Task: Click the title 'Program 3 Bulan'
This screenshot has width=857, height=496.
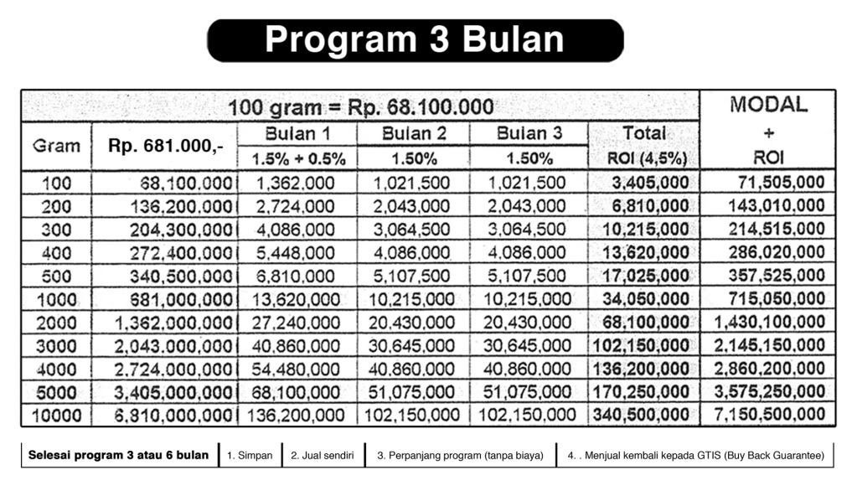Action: (x=415, y=40)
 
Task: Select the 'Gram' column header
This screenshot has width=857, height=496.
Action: (x=57, y=146)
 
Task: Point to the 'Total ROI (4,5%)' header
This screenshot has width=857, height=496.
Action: (x=643, y=145)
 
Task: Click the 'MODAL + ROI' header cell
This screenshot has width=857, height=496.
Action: (x=768, y=132)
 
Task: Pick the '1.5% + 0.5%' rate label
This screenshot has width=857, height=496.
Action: (x=297, y=158)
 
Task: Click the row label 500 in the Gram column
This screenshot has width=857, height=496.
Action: (x=57, y=276)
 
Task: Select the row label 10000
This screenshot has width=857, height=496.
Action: (x=57, y=415)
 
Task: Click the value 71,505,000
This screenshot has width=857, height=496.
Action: (x=781, y=183)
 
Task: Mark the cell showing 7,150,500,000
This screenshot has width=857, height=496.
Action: (x=769, y=415)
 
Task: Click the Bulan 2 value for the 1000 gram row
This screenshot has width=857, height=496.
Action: (x=414, y=299)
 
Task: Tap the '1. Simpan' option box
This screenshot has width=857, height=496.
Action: (x=250, y=456)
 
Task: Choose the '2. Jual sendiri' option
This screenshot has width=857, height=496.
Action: (x=323, y=456)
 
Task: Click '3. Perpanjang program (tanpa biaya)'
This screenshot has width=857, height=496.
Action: (x=460, y=456)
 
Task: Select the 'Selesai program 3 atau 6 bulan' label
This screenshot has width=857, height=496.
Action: (x=118, y=455)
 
